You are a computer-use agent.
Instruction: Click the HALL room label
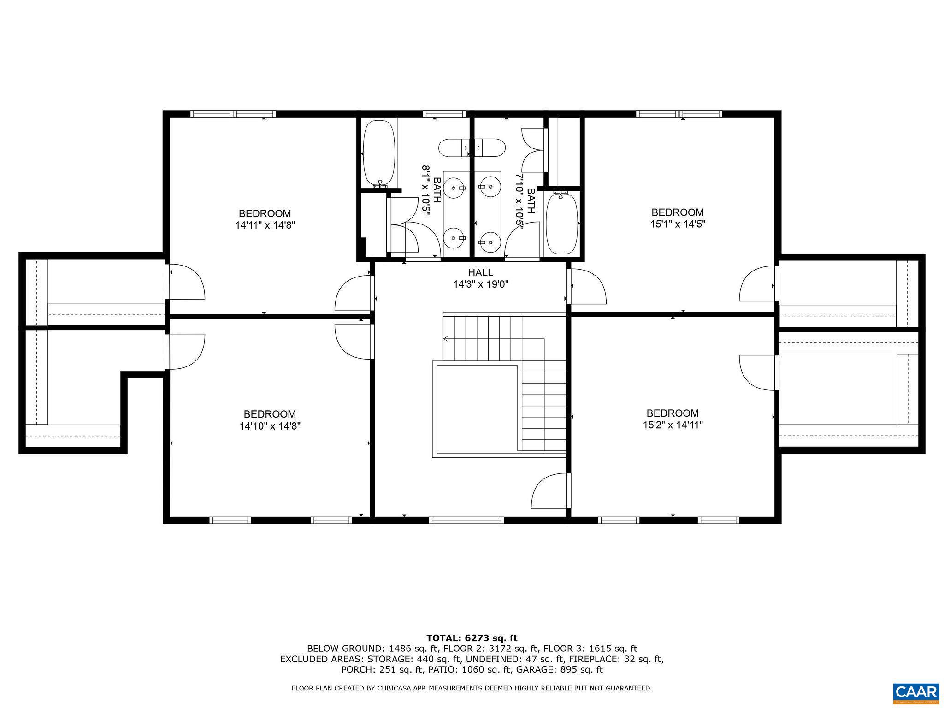pos(480,272)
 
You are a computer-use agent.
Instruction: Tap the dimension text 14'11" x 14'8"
pos(265,225)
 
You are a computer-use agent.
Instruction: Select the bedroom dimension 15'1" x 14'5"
pos(677,224)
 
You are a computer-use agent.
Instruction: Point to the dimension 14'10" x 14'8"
pos(270,426)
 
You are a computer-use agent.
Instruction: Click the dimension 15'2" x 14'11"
pos(673,425)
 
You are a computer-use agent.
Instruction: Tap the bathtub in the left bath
pos(379,154)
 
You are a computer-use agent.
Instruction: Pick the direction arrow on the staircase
pos(446,339)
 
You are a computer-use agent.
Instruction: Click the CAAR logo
pos(916,692)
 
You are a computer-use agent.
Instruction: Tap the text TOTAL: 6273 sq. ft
pos(472,638)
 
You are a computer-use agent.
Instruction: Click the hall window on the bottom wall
pos(466,520)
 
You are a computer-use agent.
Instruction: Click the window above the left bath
pos(444,114)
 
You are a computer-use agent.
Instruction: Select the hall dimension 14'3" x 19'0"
pos(480,284)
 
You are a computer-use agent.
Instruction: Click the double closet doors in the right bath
pos(533,149)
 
